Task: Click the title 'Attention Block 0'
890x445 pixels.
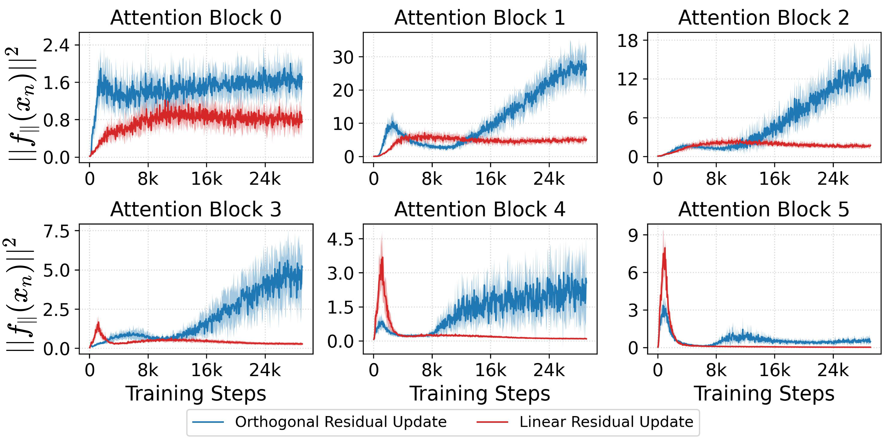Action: click(x=196, y=18)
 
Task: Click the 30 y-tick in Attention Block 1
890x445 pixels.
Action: click(x=343, y=57)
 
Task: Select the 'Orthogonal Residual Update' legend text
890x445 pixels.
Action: click(x=341, y=422)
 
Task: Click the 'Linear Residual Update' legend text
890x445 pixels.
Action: click(x=606, y=422)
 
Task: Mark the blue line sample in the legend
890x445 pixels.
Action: click(x=208, y=422)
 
